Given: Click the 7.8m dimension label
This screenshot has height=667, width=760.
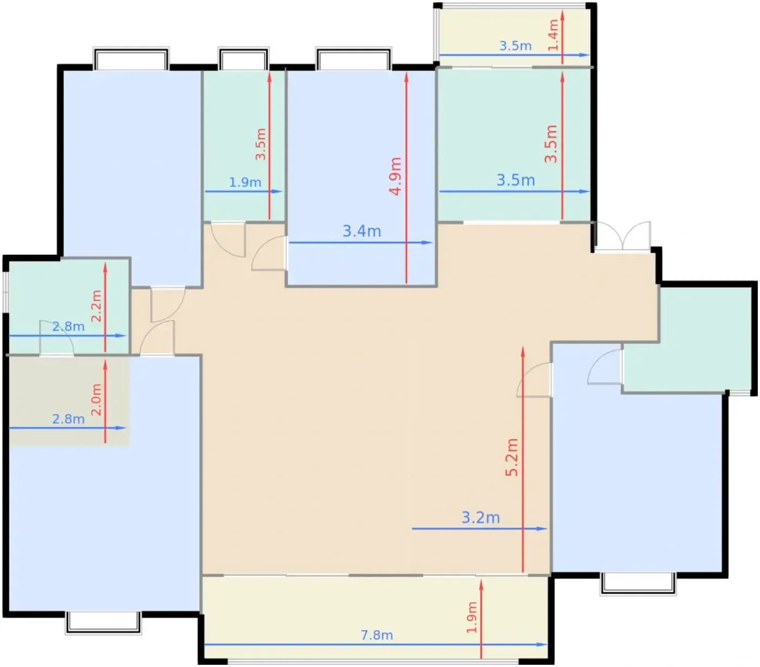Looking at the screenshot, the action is pos(377,635).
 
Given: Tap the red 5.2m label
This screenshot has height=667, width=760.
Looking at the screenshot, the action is pos(512,457).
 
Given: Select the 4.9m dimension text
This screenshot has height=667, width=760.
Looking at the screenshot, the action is pos(395,177).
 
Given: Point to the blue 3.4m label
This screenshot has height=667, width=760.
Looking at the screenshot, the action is pos(362,231).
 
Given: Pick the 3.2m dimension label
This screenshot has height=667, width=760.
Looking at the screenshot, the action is pos(480,518).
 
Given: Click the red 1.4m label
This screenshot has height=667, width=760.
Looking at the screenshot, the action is pos(554,35).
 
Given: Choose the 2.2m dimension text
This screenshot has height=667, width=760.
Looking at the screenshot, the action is pos(97,306).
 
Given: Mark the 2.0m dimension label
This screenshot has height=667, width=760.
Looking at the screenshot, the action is pos(97,399).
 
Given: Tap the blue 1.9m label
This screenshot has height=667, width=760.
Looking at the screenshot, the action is pos(245,183).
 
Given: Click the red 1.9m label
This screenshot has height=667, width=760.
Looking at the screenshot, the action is pos(472,618).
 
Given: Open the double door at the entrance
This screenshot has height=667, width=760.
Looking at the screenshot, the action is pos(622,236).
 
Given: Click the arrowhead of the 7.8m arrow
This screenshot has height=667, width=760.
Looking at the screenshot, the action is pos(542,645).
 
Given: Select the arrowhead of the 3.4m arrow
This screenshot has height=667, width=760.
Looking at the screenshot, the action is pos(428,242).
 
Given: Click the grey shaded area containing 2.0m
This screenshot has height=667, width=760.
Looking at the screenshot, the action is pos(69,401).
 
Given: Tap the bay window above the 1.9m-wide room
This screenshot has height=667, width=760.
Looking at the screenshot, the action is pos(243,59).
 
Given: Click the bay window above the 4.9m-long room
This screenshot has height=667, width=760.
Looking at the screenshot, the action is pos(354,59).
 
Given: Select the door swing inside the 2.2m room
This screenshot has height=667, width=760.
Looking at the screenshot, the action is pos(56,337).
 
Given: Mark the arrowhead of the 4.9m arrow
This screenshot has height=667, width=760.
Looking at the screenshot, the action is pos(406,77).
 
